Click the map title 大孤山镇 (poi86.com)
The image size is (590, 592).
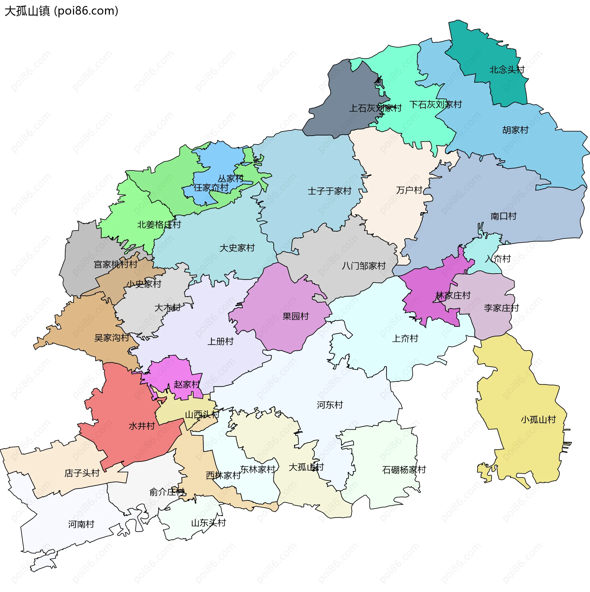pyautogui.click(x=61, y=11)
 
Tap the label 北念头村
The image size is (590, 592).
pyautogui.click(x=507, y=70)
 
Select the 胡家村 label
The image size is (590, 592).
pyautogui.click(x=515, y=130)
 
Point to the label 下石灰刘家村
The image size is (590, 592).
pyautogui.click(x=435, y=105)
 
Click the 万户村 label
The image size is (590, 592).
pyautogui.click(x=409, y=190)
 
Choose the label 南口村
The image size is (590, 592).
pyautogui.click(x=503, y=216)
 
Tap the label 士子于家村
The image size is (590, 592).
pyautogui.click(x=329, y=191)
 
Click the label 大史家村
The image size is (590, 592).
pyautogui.click(x=237, y=248)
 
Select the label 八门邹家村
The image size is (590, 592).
pyautogui.click(x=364, y=266)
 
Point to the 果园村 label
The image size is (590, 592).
pyautogui.click(x=295, y=316)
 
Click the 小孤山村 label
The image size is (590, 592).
pyautogui.click(x=538, y=420)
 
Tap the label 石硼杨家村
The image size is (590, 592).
pyautogui.click(x=404, y=470)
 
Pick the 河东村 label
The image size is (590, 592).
pyautogui.click(x=330, y=405)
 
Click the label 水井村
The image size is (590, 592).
pyautogui.click(x=142, y=426)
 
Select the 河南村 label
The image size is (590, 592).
pyautogui.click(x=81, y=524)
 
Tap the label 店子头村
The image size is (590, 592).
pyautogui.click(x=82, y=473)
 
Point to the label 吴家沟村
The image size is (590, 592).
pyautogui.click(x=112, y=338)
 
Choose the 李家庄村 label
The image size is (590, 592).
pyautogui.click(x=501, y=308)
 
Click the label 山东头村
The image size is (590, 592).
pyautogui.click(x=208, y=523)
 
